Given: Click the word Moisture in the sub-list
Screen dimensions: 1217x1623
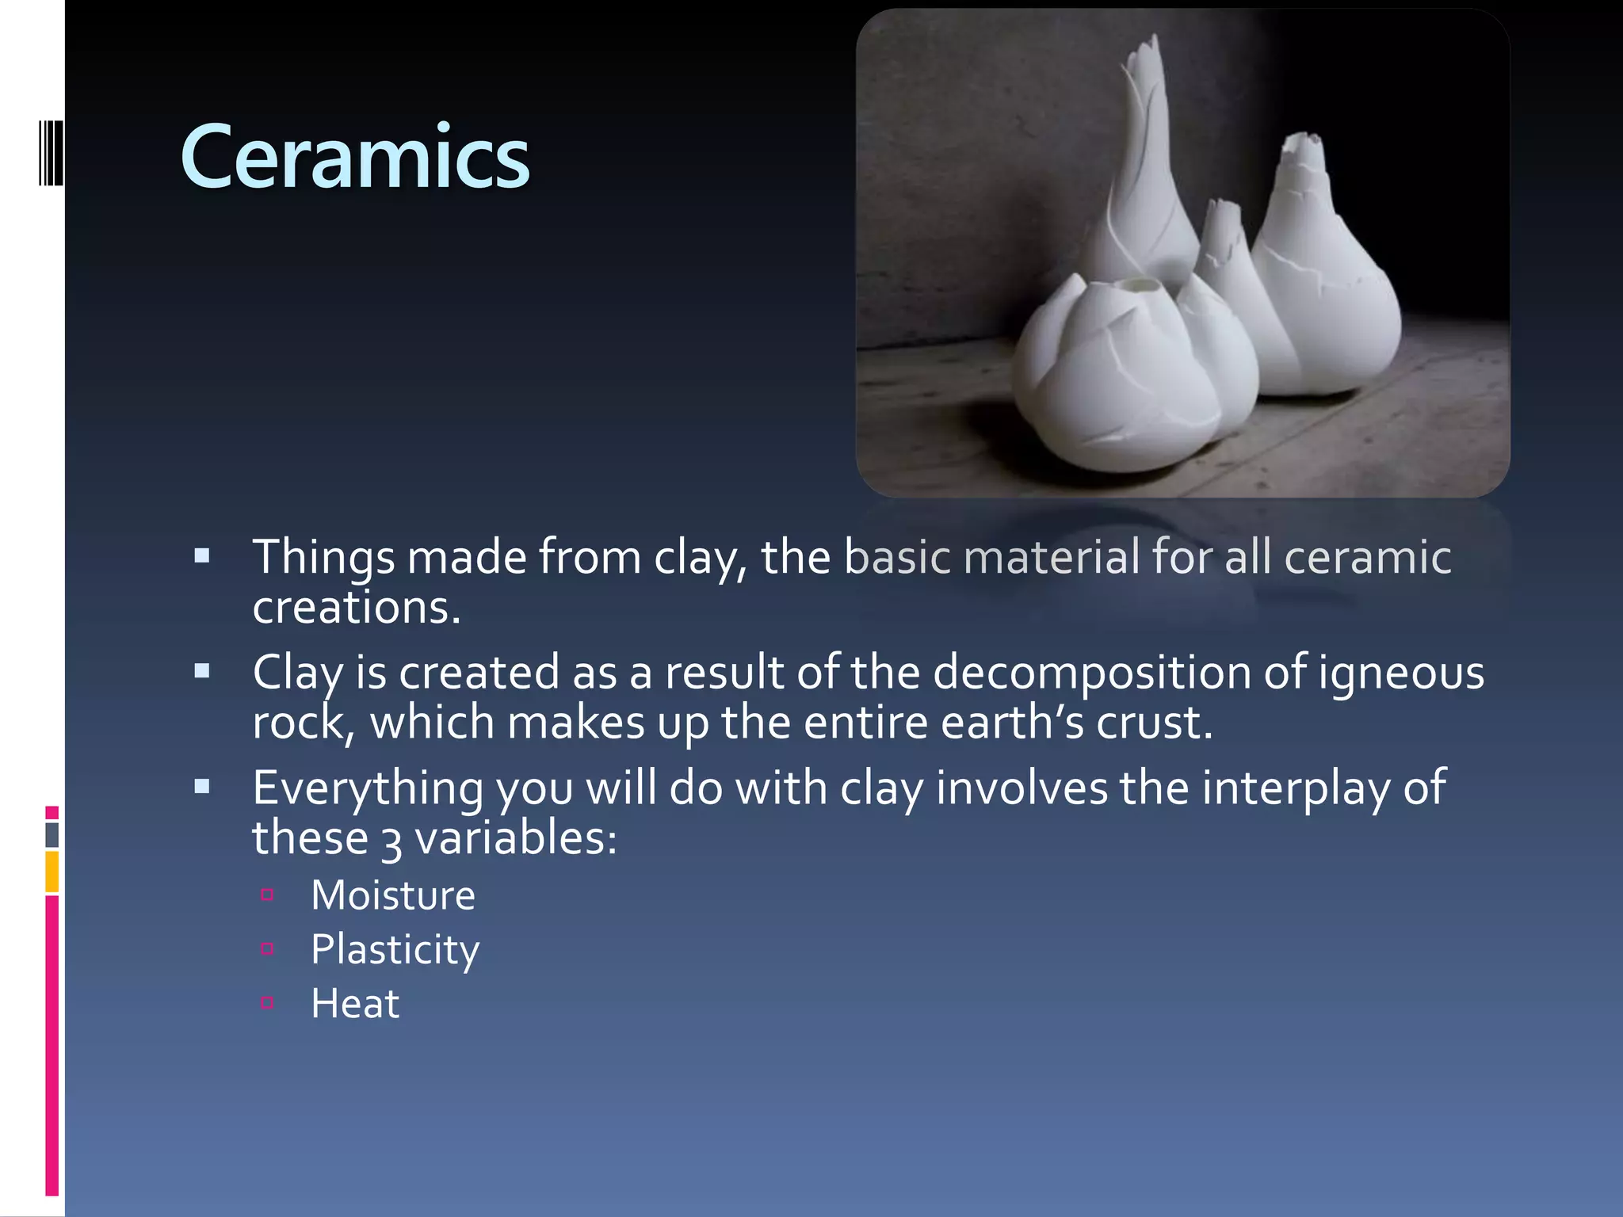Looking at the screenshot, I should point(393,895).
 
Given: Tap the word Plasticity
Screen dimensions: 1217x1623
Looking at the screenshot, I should point(395,949).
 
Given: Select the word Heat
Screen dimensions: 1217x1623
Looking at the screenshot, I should point(355,1003).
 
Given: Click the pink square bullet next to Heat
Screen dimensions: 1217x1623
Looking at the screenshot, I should point(267,1002).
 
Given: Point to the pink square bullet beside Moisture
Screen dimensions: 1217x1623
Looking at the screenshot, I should point(267,895).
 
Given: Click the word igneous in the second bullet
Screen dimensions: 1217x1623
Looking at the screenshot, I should point(1401,673).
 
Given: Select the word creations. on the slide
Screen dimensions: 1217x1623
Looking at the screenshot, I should point(356,608).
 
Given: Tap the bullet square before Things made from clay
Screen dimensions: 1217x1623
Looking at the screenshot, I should point(202,555).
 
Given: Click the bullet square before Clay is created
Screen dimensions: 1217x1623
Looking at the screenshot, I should point(202,671).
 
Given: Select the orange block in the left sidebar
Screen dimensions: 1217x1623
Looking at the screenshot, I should point(52,872).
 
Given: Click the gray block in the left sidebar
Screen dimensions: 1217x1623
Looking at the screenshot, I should point(52,834).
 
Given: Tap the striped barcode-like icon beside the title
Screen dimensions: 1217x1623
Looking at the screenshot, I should point(51,153).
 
